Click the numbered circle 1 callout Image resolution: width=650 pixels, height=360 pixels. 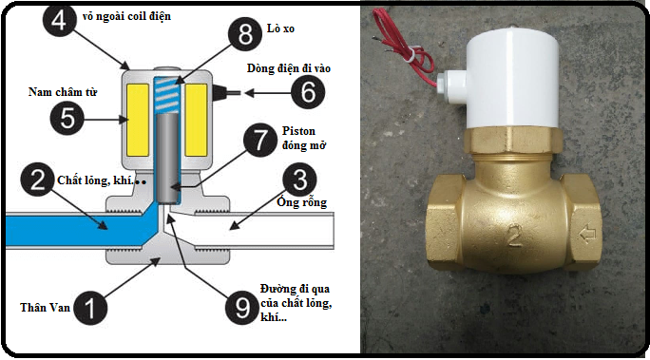coord(90,308)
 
